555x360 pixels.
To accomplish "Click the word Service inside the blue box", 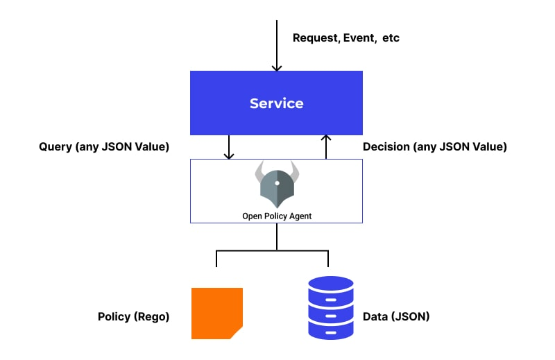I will coord(276,103).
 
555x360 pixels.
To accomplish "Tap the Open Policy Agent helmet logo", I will coord(277,184).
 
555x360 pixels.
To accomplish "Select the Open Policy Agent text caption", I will coord(277,216).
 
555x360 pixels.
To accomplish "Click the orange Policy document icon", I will coord(216,313).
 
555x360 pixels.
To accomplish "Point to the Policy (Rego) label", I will coord(133,316).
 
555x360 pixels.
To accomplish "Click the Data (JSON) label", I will coord(396,316).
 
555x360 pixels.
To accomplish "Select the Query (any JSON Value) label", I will coord(104,147).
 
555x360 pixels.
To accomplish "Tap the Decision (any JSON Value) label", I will coord(435,147).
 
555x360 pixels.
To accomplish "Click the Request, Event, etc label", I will coord(346,37).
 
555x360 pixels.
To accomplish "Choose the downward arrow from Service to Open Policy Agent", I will coord(228,147).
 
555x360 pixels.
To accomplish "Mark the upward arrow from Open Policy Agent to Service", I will coord(326,147).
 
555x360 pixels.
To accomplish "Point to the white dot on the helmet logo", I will coord(277,183).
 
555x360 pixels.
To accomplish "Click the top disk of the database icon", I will coord(330,286).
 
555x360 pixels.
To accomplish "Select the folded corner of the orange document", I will coord(237,333).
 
